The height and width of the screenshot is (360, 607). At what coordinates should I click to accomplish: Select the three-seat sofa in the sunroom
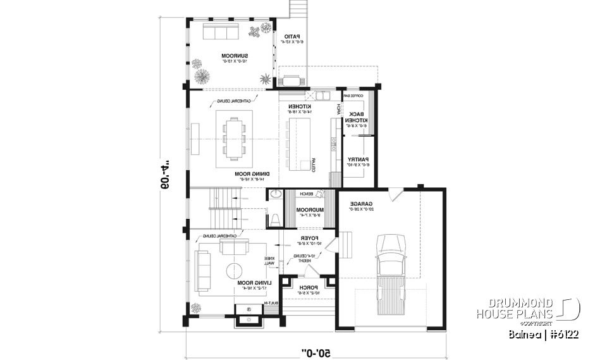coord(219,32)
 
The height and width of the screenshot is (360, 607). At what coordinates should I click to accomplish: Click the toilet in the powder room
coord(276,220)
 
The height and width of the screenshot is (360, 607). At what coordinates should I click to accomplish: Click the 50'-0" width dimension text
coord(314,351)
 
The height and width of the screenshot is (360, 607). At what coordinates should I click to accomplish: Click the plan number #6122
coord(558,333)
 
